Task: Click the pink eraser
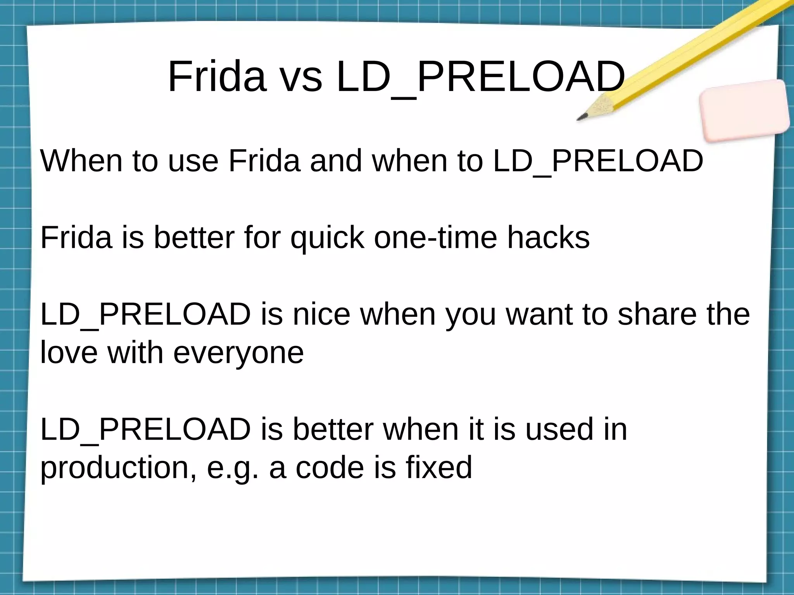point(744,111)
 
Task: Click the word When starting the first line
point(81,160)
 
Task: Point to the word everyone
point(238,352)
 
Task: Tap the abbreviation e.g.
point(232,467)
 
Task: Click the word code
point(330,467)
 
